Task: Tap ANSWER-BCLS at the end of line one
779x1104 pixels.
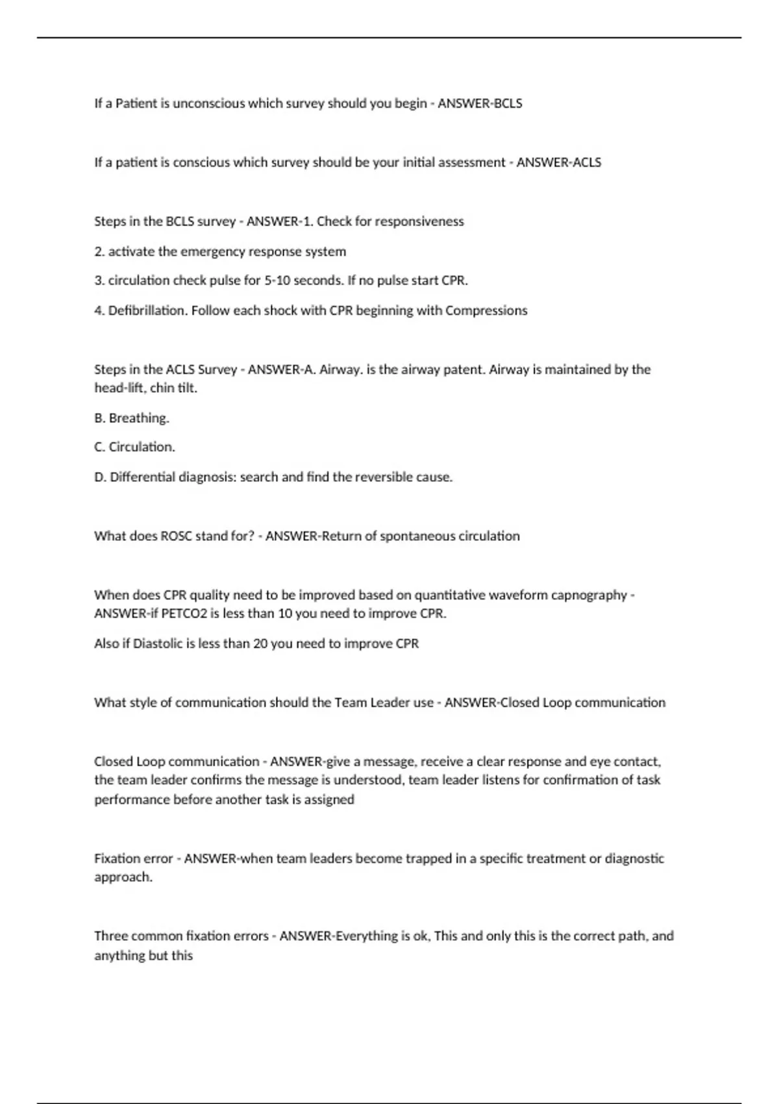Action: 480,103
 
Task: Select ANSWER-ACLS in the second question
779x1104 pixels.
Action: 558,162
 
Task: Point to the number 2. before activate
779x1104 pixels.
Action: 99,251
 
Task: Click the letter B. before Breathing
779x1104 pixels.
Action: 99,418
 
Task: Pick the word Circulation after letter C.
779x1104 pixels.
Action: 142,447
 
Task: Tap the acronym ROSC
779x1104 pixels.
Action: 176,536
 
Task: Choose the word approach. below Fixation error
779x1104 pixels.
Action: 123,877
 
